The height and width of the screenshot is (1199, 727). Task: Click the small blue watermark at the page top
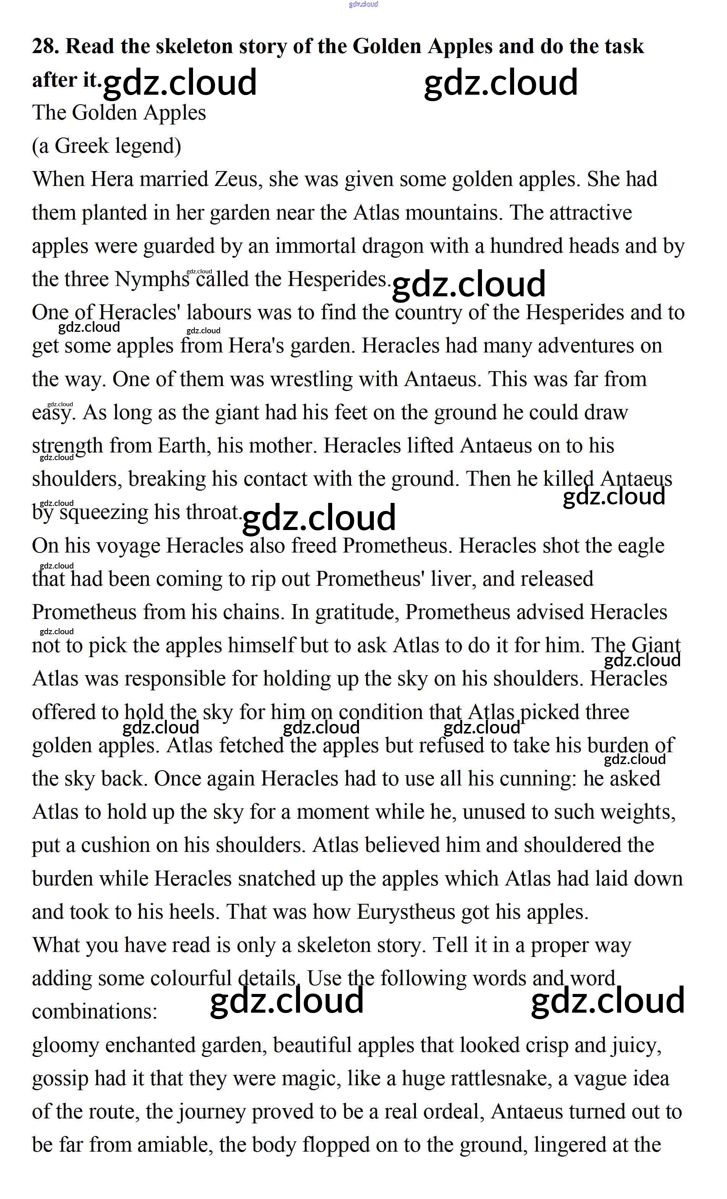[363, 4]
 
